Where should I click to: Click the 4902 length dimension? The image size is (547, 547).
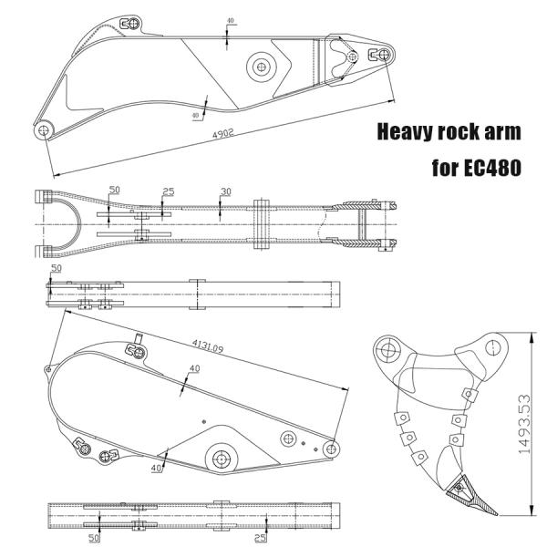click(x=223, y=134)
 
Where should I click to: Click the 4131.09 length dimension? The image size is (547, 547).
click(x=208, y=346)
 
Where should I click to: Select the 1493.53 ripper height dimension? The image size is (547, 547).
click(x=524, y=424)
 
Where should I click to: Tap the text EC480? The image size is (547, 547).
click(x=492, y=168)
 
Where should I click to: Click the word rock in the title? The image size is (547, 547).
click(x=457, y=132)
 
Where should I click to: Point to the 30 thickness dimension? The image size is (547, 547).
click(x=226, y=191)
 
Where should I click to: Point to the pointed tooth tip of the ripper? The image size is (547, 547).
click(x=496, y=514)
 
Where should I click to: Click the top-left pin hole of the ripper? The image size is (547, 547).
click(x=387, y=349)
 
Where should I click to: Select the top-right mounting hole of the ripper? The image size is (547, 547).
click(x=492, y=347)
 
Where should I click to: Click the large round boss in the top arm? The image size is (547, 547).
click(x=262, y=67)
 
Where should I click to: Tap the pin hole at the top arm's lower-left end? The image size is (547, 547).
click(x=44, y=130)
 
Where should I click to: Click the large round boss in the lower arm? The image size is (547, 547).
click(x=222, y=459)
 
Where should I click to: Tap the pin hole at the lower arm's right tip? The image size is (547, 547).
click(x=332, y=449)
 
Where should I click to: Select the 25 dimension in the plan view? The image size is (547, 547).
click(x=169, y=191)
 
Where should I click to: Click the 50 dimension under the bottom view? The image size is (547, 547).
click(x=94, y=538)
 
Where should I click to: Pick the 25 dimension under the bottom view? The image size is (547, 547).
click(x=260, y=538)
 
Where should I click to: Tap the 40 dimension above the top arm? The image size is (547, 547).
click(x=231, y=21)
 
